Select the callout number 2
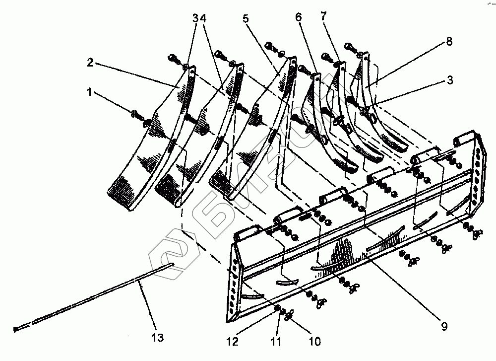[x=91, y=64]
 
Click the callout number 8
[x=449, y=42]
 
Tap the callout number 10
[x=315, y=342]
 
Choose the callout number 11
[x=276, y=342]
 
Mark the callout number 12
[x=233, y=342]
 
